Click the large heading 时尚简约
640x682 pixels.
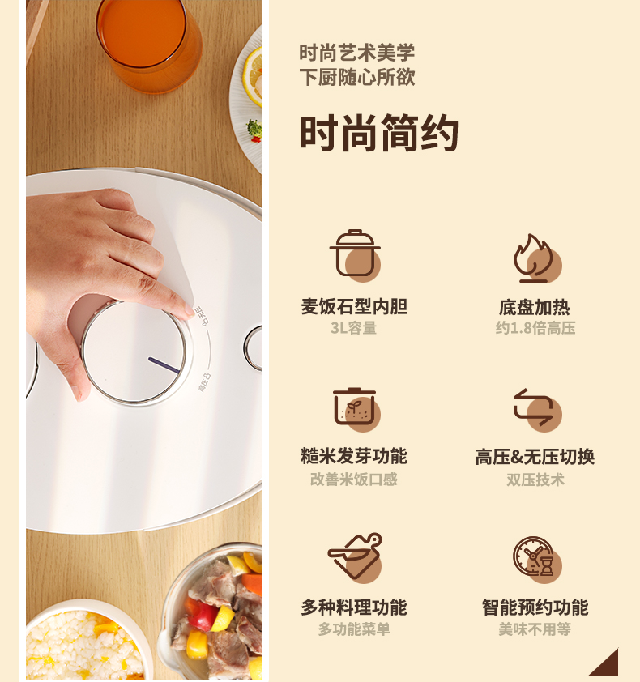pos(379,133)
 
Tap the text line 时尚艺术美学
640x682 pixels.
pos(356,53)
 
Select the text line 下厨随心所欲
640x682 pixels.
pos(356,78)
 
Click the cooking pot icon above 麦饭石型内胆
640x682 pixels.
pos(355,255)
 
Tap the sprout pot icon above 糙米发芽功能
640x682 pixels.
pos(356,408)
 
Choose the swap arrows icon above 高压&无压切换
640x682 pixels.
pos(537,409)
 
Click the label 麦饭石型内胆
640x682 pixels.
pos(354,307)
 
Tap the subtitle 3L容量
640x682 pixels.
pos(353,328)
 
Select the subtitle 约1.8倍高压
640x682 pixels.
pos(535,328)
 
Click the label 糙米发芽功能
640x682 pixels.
pos(354,456)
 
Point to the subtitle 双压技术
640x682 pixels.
pos(535,480)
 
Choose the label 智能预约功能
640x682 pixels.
pos(535,607)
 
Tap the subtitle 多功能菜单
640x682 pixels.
pos(354,629)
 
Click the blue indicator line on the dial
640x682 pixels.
pos(164,365)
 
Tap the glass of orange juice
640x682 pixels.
pos(149,44)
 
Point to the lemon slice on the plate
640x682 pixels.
pos(253,78)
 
